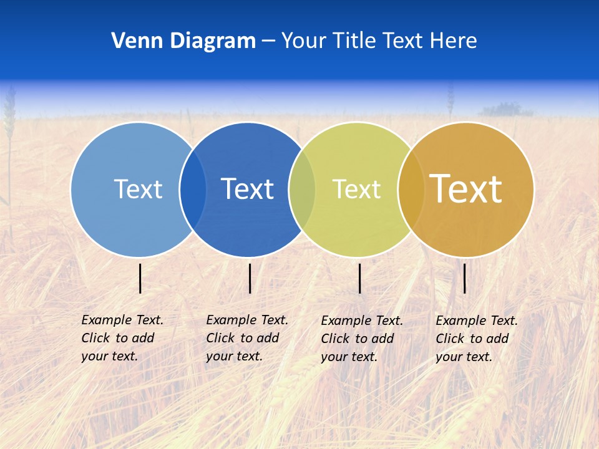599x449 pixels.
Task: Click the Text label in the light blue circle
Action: point(138,189)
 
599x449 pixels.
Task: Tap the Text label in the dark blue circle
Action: point(247,189)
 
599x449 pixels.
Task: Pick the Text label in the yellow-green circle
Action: point(356,189)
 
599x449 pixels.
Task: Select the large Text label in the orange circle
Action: point(466,189)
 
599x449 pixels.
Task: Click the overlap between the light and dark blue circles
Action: point(193,190)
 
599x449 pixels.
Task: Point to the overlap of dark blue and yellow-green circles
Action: point(302,190)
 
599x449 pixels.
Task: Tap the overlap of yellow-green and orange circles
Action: point(411,190)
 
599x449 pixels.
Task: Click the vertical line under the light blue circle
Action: point(140,278)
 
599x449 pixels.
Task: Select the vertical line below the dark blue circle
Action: point(250,278)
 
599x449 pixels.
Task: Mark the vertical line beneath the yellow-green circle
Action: point(359,278)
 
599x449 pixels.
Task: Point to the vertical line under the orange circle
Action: point(464,278)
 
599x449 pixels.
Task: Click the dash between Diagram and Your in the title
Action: point(268,42)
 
